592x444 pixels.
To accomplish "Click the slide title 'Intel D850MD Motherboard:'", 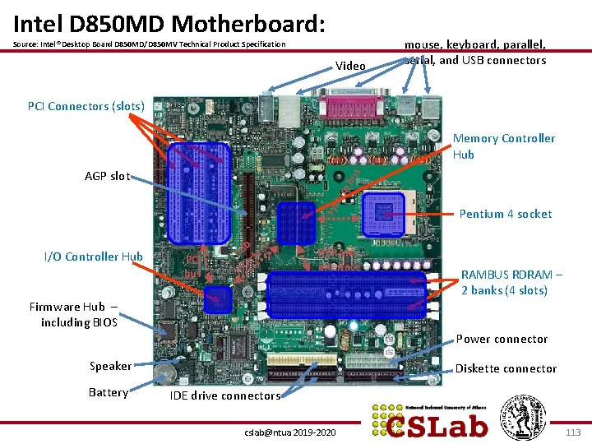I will [170, 22].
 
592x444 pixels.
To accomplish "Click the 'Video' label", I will [351, 66].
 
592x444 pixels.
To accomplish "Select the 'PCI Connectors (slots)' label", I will [86, 106].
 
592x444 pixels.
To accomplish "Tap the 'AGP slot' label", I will [107, 176].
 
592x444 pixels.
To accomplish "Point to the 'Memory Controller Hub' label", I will [503, 146].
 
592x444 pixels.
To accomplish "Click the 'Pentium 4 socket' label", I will [505, 214].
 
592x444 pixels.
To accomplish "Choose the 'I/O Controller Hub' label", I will [93, 257].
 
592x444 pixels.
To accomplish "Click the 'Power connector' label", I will [502, 339].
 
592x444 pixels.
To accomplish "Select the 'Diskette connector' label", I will [506, 368].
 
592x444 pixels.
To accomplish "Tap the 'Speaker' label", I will [110, 366].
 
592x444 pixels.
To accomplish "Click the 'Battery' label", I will [109, 392].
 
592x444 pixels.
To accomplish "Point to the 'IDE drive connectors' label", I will [224, 395].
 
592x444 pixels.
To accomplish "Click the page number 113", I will [573, 432].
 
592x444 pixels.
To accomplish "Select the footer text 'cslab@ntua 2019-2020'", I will [290, 432].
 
